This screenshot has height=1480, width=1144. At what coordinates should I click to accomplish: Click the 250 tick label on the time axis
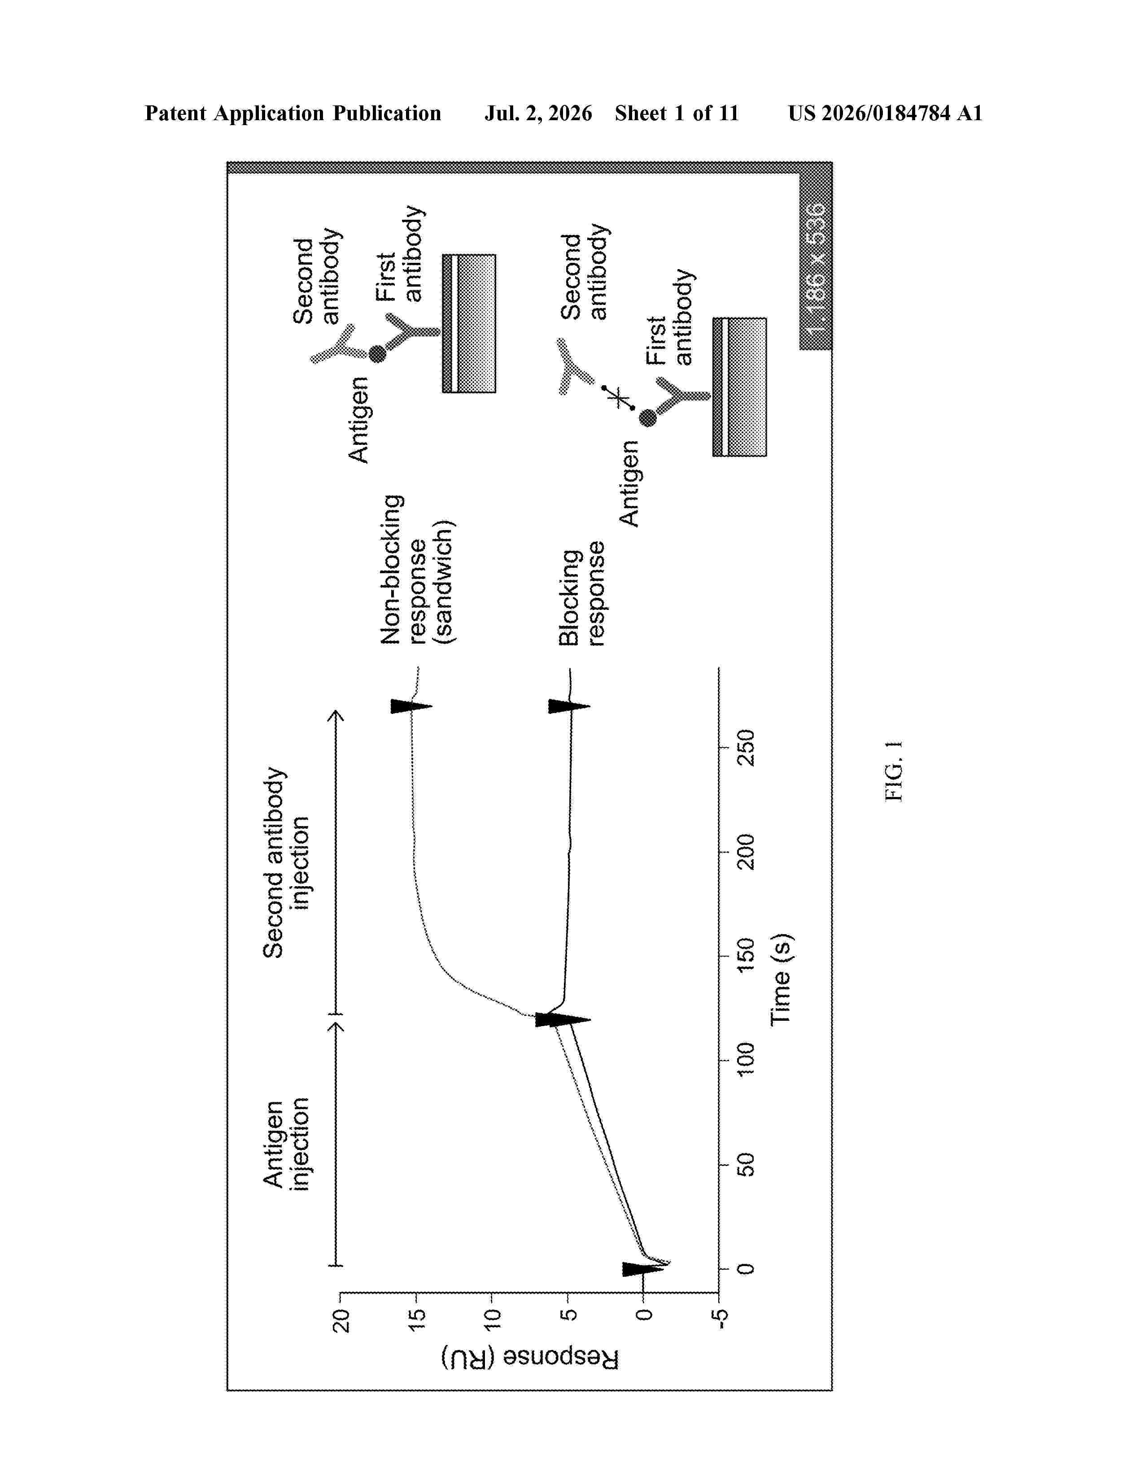tap(746, 748)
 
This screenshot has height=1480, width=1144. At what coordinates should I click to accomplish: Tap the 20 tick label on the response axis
tap(341, 1321)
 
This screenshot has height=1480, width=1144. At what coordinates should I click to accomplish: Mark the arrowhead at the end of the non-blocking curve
tap(411, 706)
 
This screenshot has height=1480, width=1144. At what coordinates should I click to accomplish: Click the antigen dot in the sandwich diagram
tap(377, 354)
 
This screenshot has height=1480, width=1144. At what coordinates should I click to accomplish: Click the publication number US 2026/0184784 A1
tap(885, 113)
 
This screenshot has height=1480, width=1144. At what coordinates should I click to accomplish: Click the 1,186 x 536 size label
tap(817, 268)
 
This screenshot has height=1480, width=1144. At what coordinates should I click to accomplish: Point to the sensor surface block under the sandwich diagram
tap(469, 323)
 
